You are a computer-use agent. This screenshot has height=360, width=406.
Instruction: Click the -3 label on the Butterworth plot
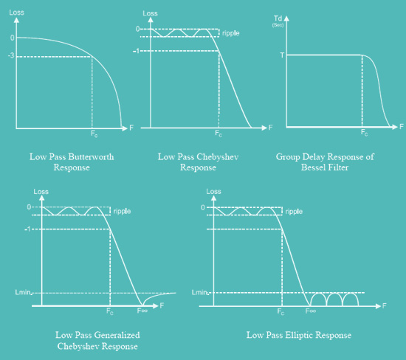click(11, 55)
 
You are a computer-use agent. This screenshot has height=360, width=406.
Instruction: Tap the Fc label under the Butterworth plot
click(94, 134)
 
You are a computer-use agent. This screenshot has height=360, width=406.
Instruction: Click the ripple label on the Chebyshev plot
click(231, 33)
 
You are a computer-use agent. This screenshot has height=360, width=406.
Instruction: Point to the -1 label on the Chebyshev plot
click(137, 51)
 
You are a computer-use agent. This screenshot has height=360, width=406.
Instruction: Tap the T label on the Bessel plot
click(282, 55)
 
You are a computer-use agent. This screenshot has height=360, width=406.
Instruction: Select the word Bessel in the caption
click(312, 167)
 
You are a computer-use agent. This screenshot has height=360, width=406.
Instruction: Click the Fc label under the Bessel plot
click(365, 133)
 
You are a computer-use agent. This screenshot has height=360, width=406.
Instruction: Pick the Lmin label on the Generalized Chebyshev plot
click(23, 292)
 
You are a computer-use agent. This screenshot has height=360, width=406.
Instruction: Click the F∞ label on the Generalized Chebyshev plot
click(142, 311)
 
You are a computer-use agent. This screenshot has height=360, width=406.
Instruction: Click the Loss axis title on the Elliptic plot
click(213, 192)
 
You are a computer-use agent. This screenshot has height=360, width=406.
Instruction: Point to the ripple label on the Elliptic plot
click(294, 212)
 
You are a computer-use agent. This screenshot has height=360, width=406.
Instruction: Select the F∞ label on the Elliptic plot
click(311, 311)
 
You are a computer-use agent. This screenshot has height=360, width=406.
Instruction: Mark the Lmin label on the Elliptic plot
click(199, 292)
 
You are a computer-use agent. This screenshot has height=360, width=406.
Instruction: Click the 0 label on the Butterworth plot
click(12, 38)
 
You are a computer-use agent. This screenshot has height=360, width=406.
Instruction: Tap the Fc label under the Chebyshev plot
click(219, 134)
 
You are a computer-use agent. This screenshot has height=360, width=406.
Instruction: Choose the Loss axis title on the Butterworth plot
click(16, 13)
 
